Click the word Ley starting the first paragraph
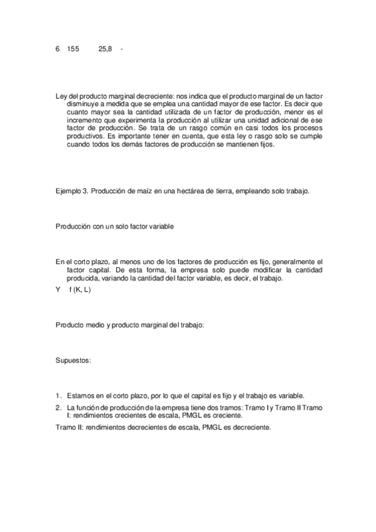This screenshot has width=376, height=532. coord(62,96)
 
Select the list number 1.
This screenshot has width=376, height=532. coord(58,395)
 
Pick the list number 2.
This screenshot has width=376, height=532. coord(58,407)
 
